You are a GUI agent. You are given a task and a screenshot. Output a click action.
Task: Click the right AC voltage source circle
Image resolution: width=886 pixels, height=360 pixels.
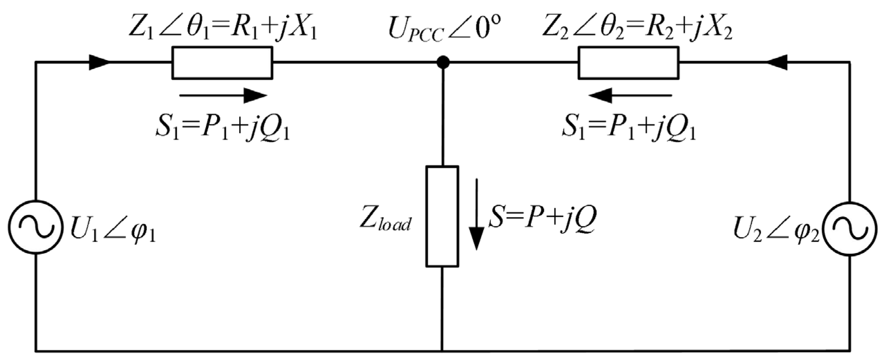[x=849, y=229]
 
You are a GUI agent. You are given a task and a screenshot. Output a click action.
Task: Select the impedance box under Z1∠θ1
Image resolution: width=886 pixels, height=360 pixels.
[x=222, y=63]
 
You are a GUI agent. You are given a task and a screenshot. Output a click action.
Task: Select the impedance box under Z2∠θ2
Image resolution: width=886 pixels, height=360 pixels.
[x=629, y=63]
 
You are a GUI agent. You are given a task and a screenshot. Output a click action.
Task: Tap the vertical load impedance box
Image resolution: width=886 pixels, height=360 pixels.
[x=442, y=216]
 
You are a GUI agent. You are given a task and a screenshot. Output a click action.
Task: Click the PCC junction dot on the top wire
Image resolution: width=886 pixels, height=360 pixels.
[x=443, y=62]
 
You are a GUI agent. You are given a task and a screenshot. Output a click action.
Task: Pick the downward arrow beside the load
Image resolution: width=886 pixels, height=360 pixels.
[x=477, y=214]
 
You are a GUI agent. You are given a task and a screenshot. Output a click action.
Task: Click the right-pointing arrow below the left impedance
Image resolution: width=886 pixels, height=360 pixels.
[x=223, y=96]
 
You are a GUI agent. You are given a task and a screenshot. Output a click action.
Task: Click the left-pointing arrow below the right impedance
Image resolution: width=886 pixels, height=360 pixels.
[x=630, y=96]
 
